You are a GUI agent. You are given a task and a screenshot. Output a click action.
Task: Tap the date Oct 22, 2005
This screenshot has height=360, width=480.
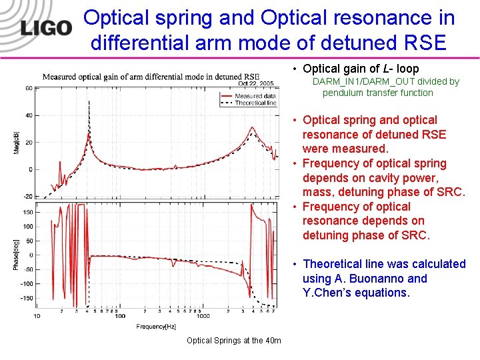coord(256,84)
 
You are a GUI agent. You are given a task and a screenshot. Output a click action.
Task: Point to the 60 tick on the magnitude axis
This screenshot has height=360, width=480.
coord(29,88)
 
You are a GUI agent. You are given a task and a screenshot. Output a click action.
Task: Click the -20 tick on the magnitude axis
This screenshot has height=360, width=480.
coord(27,196)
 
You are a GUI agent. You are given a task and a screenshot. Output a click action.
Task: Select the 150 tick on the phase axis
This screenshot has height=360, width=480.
coord(27,212)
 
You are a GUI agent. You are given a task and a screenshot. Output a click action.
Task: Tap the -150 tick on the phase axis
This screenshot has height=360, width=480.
coord(26,298)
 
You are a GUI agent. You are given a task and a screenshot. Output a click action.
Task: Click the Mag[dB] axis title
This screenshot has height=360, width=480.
coord(16,143)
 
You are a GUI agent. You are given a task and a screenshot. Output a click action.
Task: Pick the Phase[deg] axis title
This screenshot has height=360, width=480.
coord(16,255)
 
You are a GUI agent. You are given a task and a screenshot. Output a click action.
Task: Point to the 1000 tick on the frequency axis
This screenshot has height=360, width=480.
coord(203,315)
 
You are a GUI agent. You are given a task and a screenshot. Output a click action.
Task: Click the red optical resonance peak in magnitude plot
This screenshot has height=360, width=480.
coord(251,127)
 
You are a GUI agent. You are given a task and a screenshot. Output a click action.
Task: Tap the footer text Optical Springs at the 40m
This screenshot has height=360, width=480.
coord(233,341)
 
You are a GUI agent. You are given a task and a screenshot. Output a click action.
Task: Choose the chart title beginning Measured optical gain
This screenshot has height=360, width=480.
coord(151,77)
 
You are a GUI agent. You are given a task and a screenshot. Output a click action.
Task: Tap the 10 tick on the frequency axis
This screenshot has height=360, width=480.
coord(36,315)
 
